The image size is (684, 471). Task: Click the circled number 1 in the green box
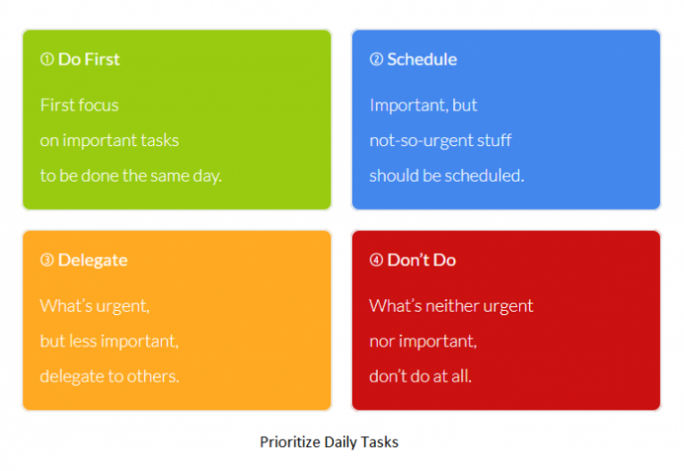(x=47, y=60)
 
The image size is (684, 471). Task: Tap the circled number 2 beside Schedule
(x=376, y=60)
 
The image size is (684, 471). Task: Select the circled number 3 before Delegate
(x=47, y=261)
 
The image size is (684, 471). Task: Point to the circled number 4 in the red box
(x=376, y=261)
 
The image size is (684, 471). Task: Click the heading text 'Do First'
(x=89, y=60)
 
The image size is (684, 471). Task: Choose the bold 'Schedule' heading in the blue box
(x=422, y=60)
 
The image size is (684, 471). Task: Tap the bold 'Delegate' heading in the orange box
(x=92, y=261)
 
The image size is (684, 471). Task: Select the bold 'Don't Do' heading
(x=421, y=261)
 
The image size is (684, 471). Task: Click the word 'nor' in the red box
(x=381, y=342)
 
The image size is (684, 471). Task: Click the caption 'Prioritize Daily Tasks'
(x=329, y=442)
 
